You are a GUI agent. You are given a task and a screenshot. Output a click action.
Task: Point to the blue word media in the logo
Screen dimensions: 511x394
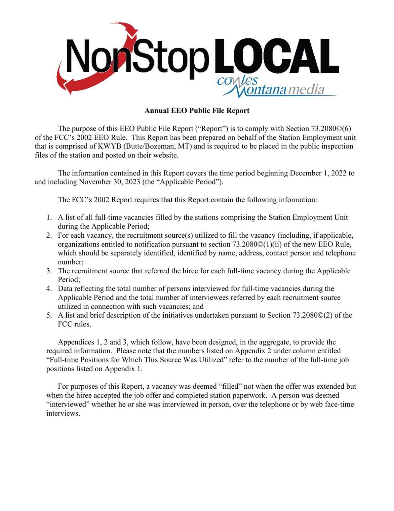306,89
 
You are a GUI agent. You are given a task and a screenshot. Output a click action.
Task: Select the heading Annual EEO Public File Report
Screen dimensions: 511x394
197,111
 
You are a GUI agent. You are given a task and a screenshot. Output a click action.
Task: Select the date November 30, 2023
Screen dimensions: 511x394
109,182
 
